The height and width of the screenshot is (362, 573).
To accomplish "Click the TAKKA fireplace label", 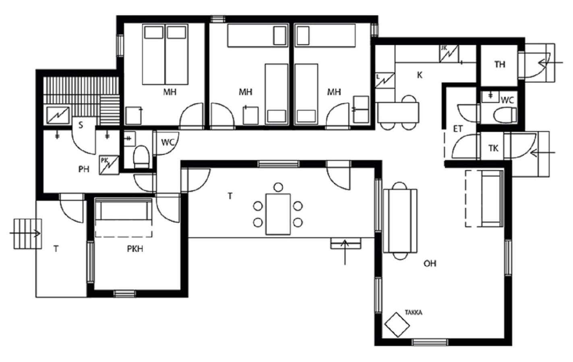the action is (x=414, y=313).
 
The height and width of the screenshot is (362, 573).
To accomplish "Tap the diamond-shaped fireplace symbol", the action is (x=397, y=325).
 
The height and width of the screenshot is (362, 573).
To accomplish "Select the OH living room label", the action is (x=430, y=263).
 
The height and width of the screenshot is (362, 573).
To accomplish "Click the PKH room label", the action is (x=135, y=249).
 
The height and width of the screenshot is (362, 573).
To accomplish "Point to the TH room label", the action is (x=500, y=64).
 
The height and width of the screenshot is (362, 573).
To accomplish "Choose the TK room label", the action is (x=493, y=148).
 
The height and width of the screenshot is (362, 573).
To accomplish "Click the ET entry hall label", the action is (x=458, y=129).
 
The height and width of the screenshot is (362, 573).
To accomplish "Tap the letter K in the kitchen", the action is (x=420, y=75).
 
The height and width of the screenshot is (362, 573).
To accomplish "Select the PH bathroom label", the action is (x=84, y=169).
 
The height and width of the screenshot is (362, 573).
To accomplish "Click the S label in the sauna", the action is (x=81, y=125).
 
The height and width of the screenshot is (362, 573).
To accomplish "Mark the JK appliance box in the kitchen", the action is (x=449, y=53).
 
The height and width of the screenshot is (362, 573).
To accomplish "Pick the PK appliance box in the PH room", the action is (x=109, y=165).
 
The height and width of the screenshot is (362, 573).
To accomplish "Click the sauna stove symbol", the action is (x=58, y=115).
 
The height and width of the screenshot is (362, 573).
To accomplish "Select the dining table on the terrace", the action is (x=278, y=214).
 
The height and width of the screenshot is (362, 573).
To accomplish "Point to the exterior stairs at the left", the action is (x=28, y=234).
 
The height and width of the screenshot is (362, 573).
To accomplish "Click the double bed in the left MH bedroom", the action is (x=165, y=54).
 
